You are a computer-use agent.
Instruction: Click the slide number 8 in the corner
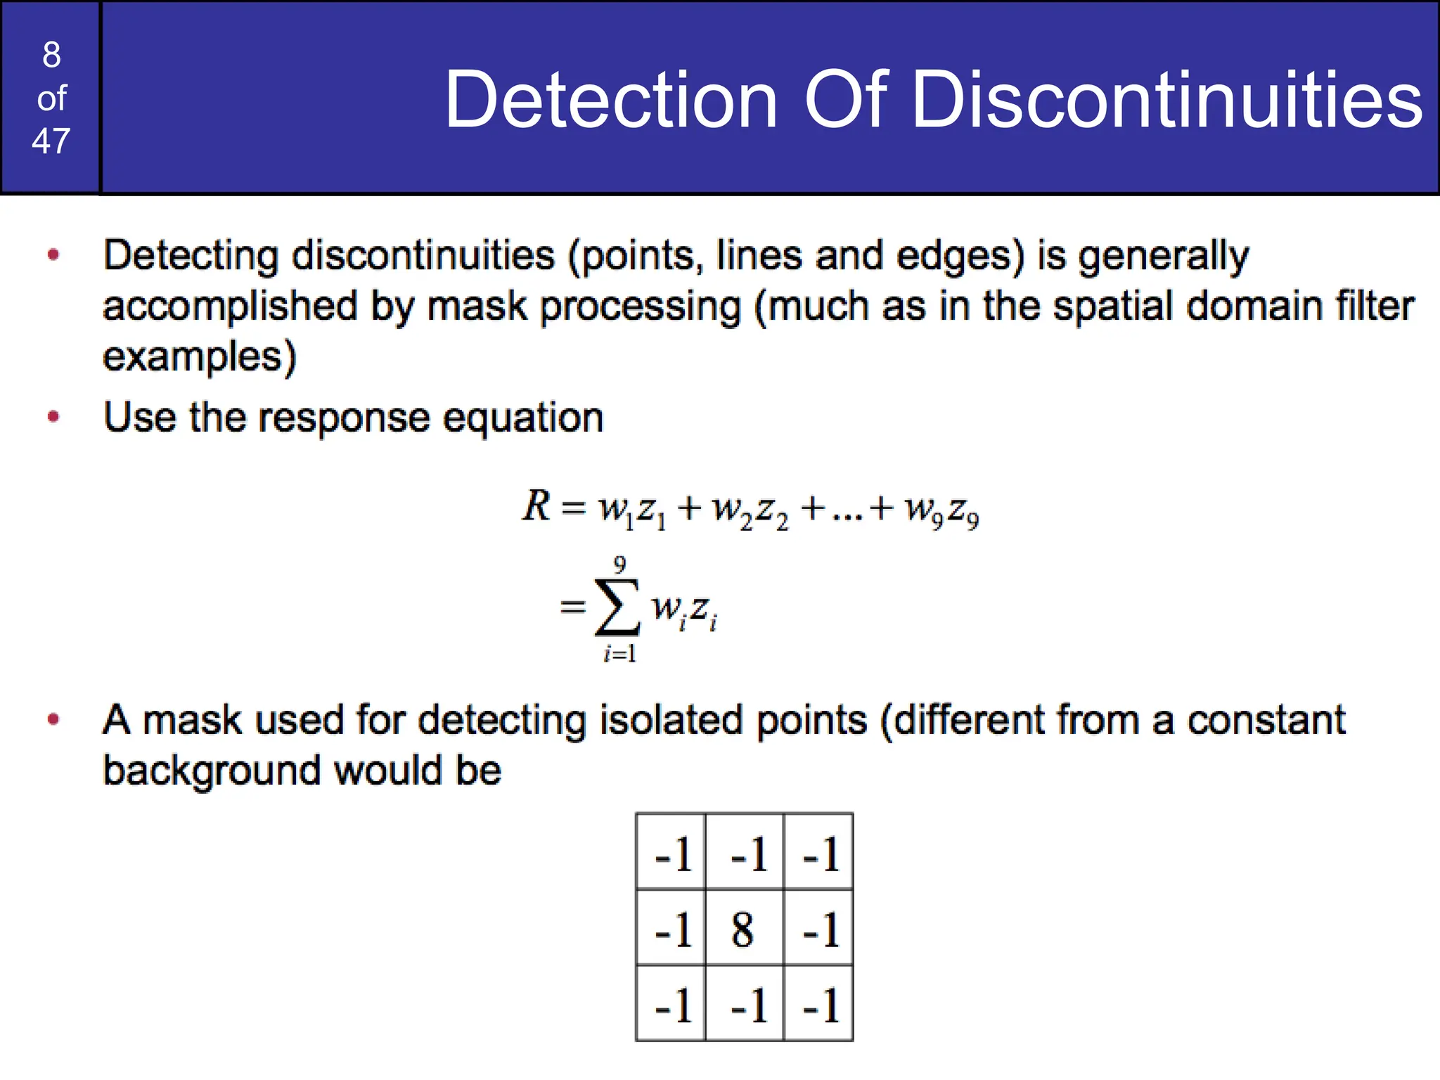pos(51,55)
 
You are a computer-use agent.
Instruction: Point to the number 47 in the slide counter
pos(51,141)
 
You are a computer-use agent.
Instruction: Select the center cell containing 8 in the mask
pos(743,929)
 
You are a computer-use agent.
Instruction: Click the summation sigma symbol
pos(617,606)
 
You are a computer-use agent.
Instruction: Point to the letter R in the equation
pos(536,506)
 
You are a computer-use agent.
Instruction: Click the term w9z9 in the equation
pos(941,509)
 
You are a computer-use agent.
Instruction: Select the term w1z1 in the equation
pos(632,509)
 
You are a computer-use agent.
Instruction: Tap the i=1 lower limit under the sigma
pos(619,654)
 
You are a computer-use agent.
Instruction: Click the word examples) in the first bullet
pos(200,356)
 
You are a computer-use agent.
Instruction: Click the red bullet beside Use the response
pos(53,417)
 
